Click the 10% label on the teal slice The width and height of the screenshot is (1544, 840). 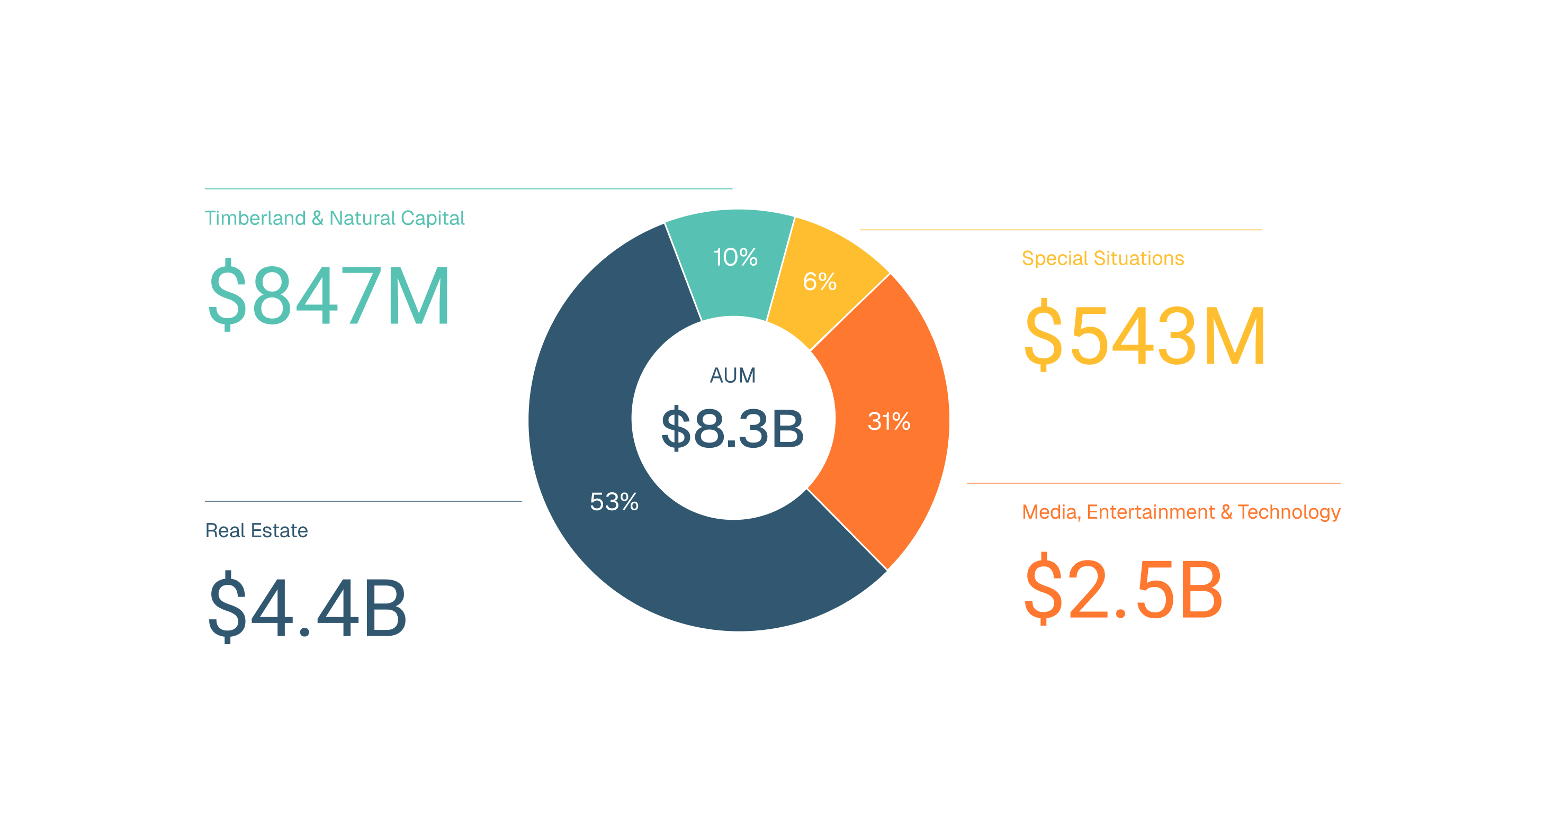coord(735,258)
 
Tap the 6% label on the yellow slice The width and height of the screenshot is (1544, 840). coord(819,282)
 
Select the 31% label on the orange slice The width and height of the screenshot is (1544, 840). coord(889,421)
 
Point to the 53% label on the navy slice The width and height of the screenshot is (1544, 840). coord(614,501)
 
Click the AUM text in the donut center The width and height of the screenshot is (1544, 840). coord(732,376)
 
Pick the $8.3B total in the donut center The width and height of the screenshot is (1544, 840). coord(732,428)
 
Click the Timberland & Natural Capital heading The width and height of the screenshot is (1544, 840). coord(335,218)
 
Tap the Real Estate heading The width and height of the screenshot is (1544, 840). coord(256,530)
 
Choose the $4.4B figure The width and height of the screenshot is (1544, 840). coord(308,608)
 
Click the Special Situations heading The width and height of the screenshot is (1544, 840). coord(1103,258)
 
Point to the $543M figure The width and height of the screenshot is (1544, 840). coord(1145,336)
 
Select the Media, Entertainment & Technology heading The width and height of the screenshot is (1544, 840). coord(1181,512)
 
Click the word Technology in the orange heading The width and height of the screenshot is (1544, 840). coord(1289,512)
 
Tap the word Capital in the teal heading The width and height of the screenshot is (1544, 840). coord(433,218)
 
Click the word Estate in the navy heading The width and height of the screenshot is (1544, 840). coord(280,530)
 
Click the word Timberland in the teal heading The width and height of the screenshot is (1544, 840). coord(255,218)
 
